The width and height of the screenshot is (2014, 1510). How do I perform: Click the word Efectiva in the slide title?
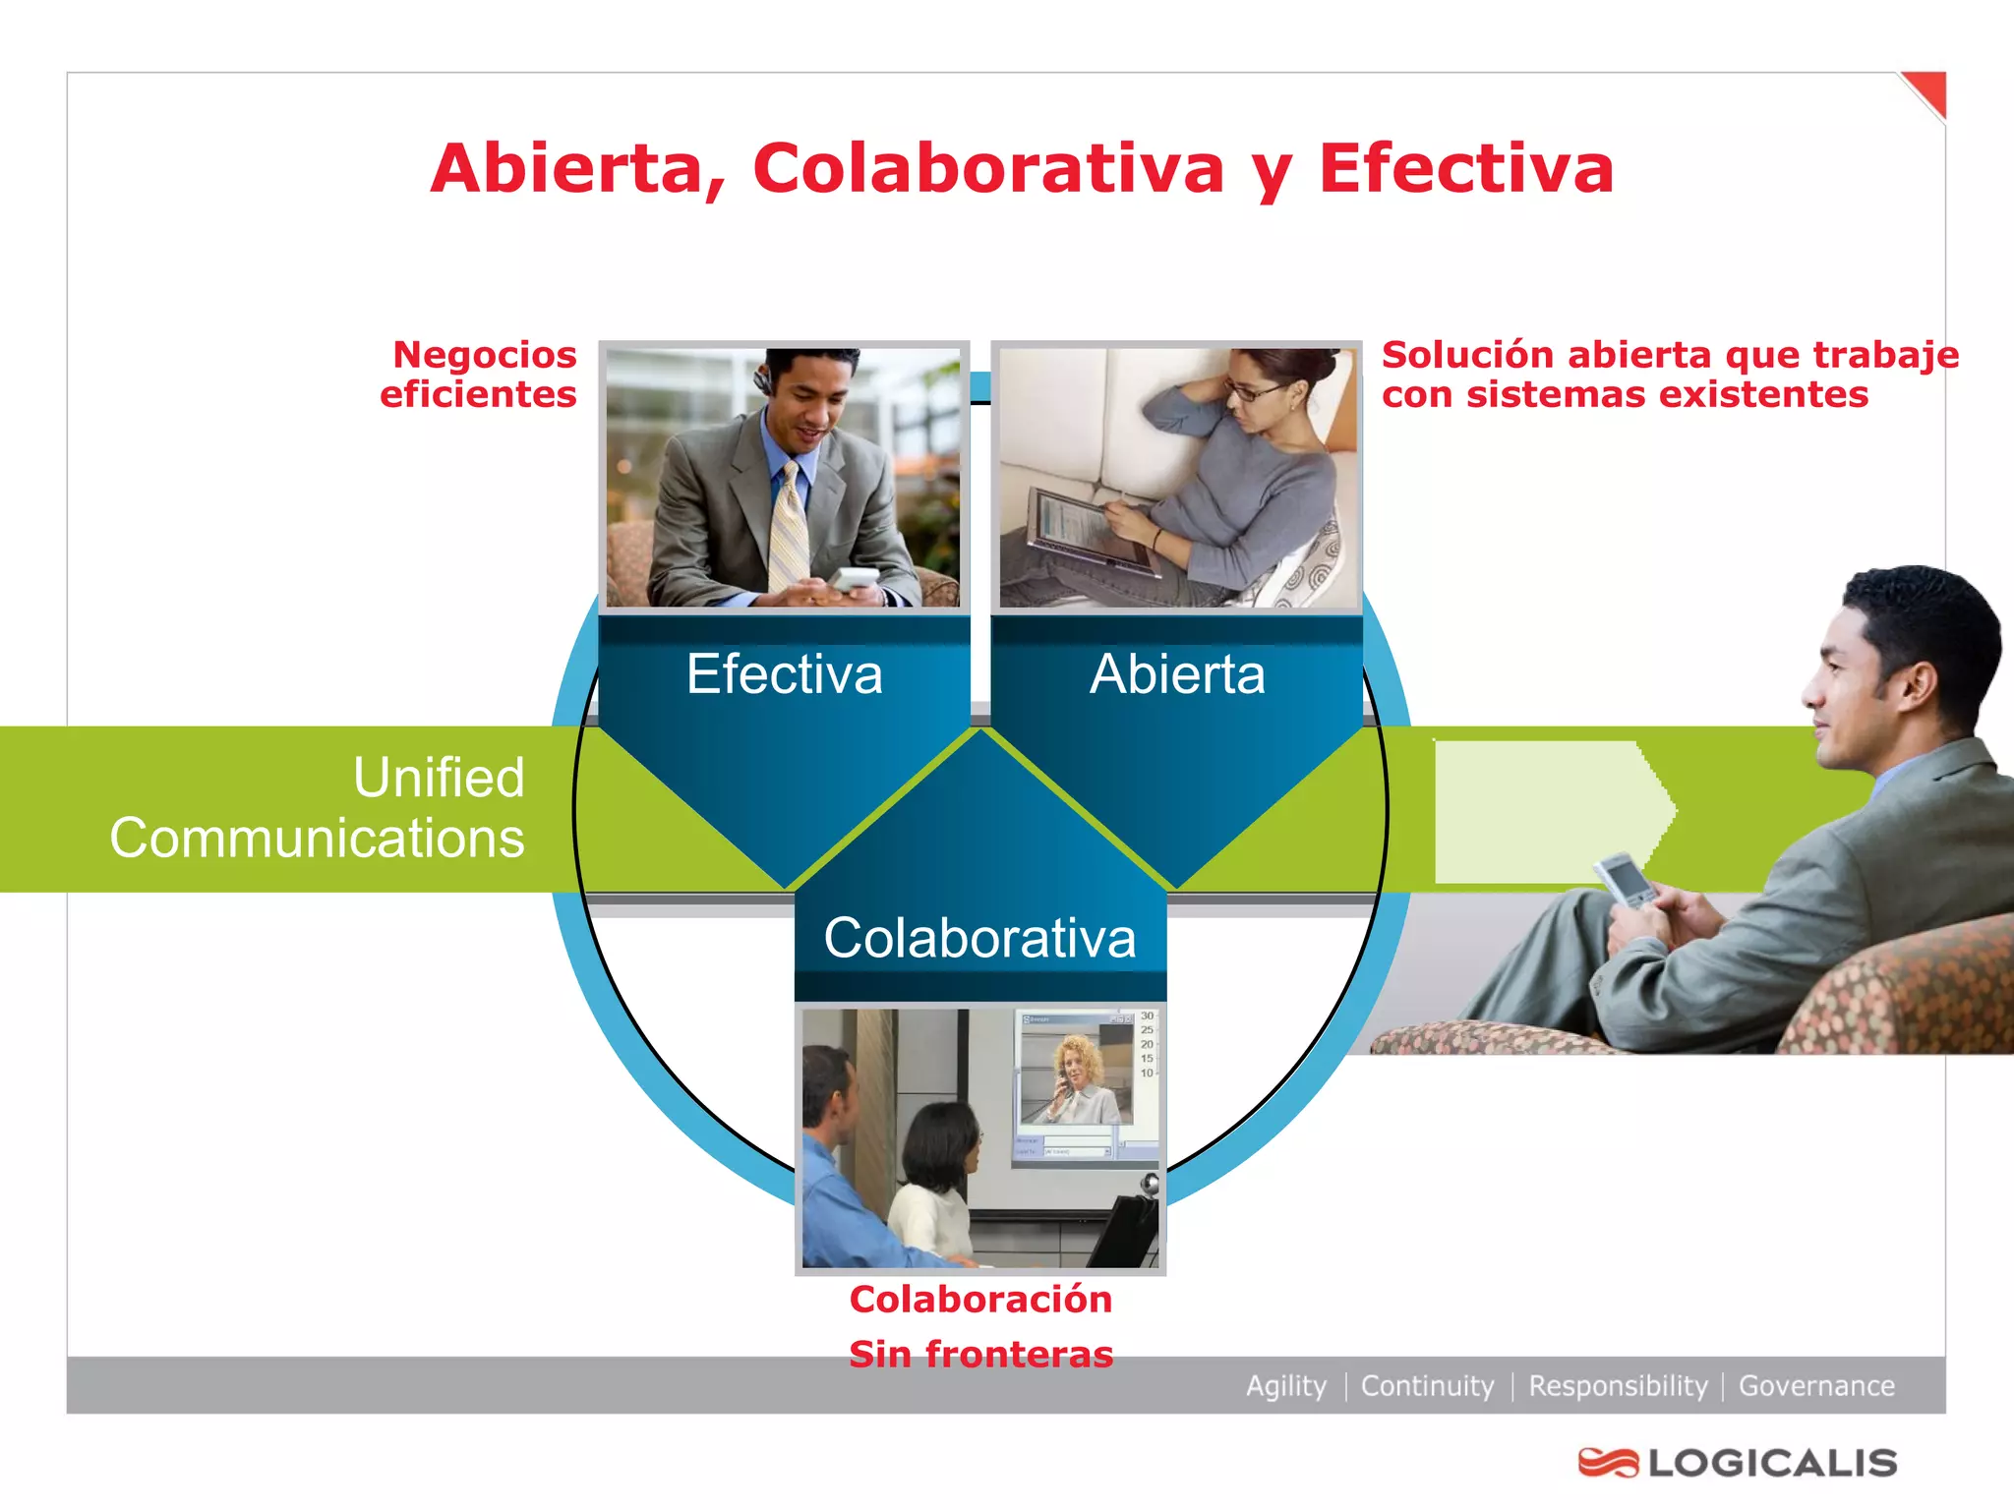1465,169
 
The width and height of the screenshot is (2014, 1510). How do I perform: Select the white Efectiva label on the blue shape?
784,674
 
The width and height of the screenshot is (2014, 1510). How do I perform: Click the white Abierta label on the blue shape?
1177,674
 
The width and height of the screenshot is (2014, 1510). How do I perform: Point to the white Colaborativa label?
979,938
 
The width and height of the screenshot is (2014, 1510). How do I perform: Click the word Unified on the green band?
439,778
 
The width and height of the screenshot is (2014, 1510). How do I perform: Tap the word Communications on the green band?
317,839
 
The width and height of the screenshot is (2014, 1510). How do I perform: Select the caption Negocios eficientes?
481,375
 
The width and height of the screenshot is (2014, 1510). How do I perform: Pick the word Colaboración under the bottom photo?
980,1300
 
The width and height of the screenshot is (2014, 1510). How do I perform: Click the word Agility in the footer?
1285,1386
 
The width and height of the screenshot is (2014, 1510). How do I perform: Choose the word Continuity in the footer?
1427,1386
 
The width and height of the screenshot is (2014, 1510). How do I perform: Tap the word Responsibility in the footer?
1618,1386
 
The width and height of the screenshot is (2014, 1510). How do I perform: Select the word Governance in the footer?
1816,1386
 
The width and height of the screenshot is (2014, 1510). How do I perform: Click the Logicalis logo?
1738,1463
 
